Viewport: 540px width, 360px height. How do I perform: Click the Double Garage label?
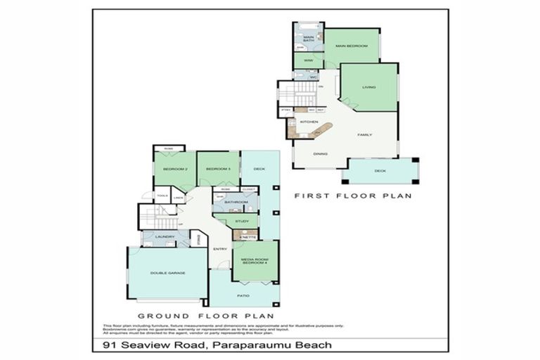click(167, 273)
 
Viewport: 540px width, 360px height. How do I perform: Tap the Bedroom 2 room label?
click(174, 169)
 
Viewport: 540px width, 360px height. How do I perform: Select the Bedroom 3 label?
click(218, 169)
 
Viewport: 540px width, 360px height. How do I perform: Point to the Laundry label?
click(165, 237)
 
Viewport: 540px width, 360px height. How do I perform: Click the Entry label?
click(219, 248)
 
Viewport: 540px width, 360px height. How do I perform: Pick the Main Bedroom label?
click(352, 46)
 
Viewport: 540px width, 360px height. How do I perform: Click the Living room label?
click(369, 87)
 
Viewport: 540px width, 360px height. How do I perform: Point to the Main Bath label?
click(308, 39)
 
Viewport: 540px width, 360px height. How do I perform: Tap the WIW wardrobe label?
click(308, 62)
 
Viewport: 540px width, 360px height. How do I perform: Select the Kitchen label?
click(309, 122)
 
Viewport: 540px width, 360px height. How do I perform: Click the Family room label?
click(364, 134)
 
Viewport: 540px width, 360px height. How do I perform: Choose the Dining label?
click(320, 153)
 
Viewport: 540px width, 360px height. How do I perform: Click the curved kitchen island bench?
click(321, 130)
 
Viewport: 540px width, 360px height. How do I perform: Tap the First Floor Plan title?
click(352, 195)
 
